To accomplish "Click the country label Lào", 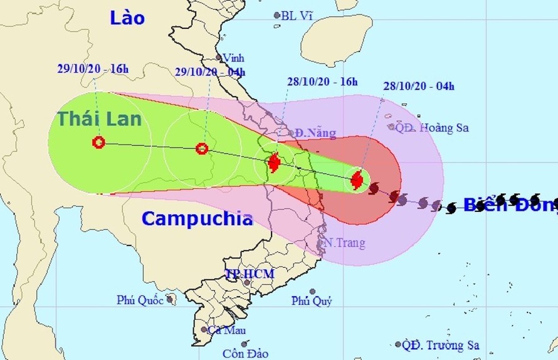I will coord(127,18).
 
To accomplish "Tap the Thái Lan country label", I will coord(100,118).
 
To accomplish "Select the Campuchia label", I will coord(197,218).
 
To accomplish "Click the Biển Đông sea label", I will coord(509,204).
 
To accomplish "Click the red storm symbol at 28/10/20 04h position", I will coord(357,181).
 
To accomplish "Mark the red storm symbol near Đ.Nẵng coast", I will coord(274,164).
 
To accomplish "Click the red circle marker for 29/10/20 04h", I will coord(202,149).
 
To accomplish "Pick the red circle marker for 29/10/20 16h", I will coord(98,142).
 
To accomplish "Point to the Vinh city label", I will coord(233,58).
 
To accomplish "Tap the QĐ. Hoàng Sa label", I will coord(433,128).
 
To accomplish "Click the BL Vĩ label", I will coord(297,15).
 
